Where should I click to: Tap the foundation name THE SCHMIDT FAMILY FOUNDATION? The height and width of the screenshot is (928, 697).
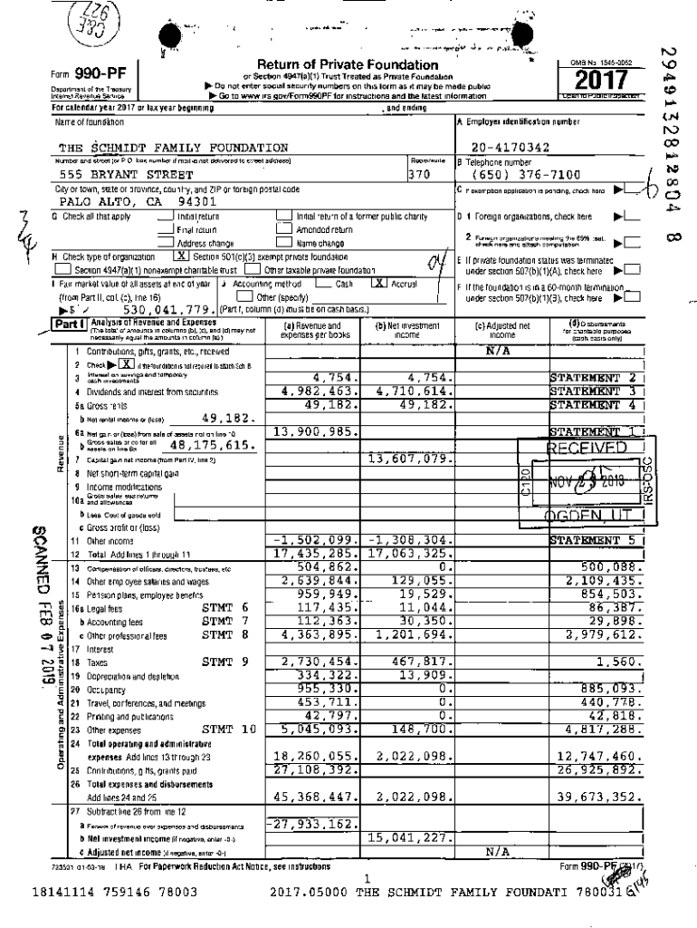click(x=173, y=147)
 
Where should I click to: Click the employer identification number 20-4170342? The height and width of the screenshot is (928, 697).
click(x=513, y=147)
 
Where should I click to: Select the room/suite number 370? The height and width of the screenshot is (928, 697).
click(x=417, y=174)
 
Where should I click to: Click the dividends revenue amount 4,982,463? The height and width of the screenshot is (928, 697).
click(x=312, y=391)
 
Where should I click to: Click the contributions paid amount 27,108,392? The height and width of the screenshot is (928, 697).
click(x=312, y=769)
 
